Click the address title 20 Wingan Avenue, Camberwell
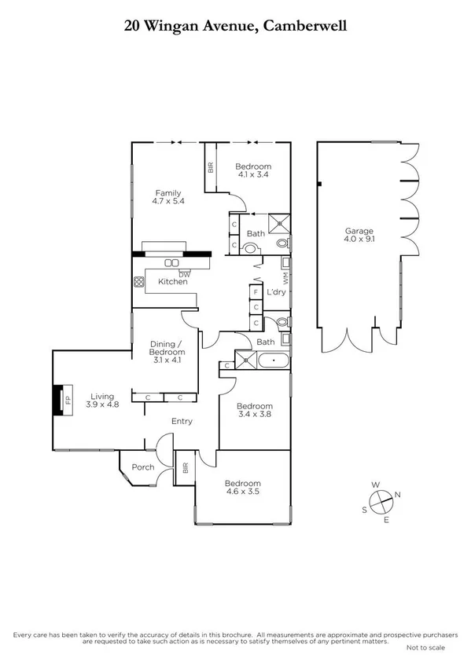pyautogui.click(x=235, y=26)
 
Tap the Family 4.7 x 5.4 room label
pyautogui.click(x=167, y=198)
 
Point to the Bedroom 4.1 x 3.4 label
pyautogui.click(x=253, y=171)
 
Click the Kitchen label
pyautogui.click(x=173, y=281)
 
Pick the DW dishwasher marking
pyautogui.click(x=184, y=273)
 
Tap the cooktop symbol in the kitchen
pyautogui.click(x=140, y=281)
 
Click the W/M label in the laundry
pyautogui.click(x=286, y=278)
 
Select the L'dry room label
pyautogui.click(x=275, y=293)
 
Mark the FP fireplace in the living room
pyautogui.click(x=66, y=399)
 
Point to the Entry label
pyautogui.click(x=182, y=422)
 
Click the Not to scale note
pyautogui.click(x=425, y=648)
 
